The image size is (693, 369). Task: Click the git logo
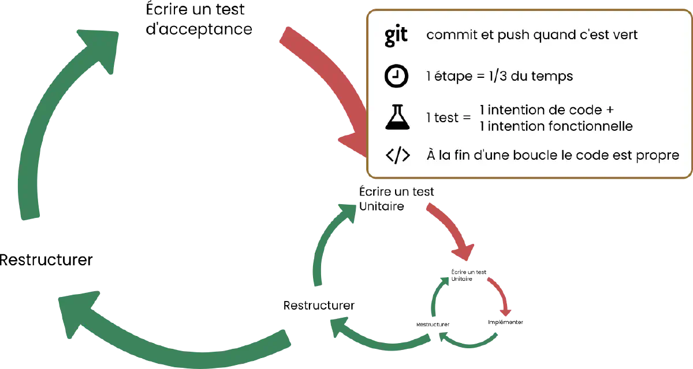396,35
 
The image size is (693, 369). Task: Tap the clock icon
396,77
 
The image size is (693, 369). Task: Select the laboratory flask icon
396,118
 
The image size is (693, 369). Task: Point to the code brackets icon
397,156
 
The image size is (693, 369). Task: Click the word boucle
518,156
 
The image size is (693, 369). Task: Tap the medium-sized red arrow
453,231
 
